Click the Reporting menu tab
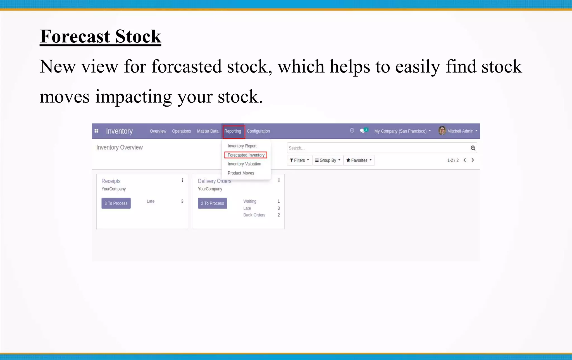tap(233, 131)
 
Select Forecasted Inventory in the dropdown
tap(246, 155)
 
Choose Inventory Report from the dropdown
tap(242, 146)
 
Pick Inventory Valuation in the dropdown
tap(244, 164)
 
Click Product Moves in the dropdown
tap(241, 173)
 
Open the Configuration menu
tap(258, 131)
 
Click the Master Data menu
tap(208, 131)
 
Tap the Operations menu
tap(181, 131)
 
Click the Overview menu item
tap(158, 131)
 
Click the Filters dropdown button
tap(299, 160)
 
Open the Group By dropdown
tap(328, 160)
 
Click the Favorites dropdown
tap(359, 160)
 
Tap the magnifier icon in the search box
tap(473, 148)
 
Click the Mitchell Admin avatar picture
tap(442, 131)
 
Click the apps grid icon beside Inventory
tap(96, 131)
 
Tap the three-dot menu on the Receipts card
tap(182, 180)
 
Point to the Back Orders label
tap(254, 215)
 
